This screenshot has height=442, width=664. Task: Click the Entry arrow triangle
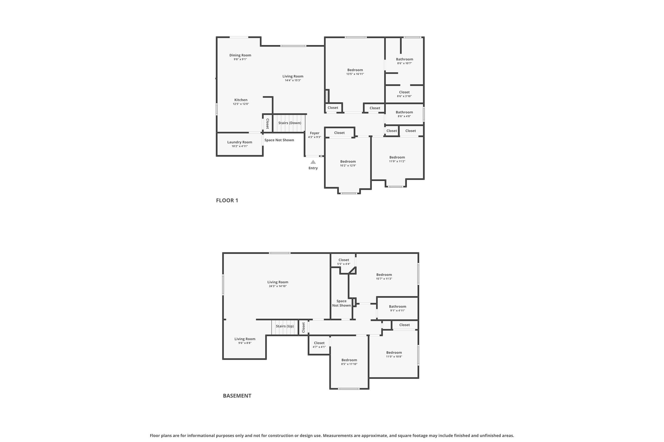[313, 162]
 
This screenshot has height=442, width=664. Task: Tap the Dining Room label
[240, 55]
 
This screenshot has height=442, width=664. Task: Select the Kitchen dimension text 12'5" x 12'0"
[241, 104]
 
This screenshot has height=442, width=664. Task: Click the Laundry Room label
[240, 142]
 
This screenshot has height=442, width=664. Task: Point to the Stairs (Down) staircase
[290, 123]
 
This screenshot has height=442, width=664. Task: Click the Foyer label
[314, 133]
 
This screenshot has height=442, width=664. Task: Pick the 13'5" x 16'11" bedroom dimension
[355, 74]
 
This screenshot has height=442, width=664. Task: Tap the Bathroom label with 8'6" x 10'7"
[404, 59]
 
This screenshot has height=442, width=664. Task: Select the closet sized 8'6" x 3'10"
[404, 94]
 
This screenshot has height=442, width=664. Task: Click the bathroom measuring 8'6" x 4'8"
[404, 114]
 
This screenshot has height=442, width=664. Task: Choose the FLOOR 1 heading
[227, 200]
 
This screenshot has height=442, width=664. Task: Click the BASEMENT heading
[237, 396]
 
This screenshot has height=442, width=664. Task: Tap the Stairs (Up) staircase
[285, 327]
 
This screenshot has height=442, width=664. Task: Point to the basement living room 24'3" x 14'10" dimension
[278, 286]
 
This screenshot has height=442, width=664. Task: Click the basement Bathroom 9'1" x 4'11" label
[397, 307]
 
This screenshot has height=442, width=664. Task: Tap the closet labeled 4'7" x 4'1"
[319, 345]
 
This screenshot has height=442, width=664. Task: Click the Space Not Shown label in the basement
[341, 303]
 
